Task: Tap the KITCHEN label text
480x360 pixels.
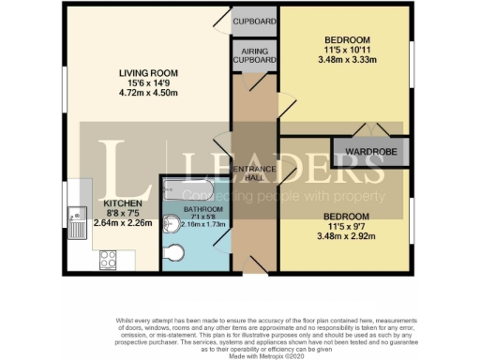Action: click(x=124, y=202)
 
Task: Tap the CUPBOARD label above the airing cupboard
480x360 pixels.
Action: click(x=254, y=20)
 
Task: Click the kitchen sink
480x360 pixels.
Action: click(x=74, y=221)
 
